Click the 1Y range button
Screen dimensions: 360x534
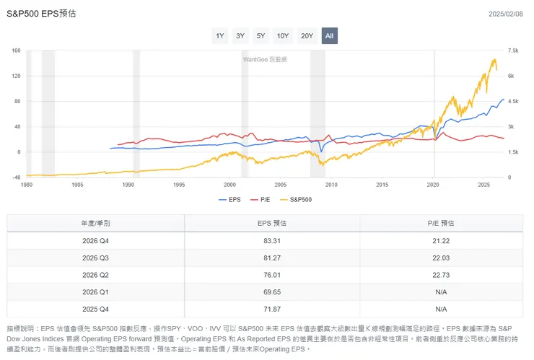[x=220, y=35]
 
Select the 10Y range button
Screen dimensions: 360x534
[x=282, y=35]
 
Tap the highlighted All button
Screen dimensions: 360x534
[x=329, y=35]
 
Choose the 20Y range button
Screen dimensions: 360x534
[x=307, y=35]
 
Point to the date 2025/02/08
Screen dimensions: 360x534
[x=505, y=14]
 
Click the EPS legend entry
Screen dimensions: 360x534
[x=229, y=199]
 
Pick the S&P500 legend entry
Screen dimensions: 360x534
[x=297, y=199]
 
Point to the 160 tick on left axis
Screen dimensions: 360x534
[x=16, y=51]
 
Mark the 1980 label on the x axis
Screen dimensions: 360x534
[x=27, y=185]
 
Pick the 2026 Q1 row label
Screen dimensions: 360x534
[x=95, y=292]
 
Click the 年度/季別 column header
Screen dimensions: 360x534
[x=95, y=223]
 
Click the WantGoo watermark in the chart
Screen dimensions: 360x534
[x=264, y=59]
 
